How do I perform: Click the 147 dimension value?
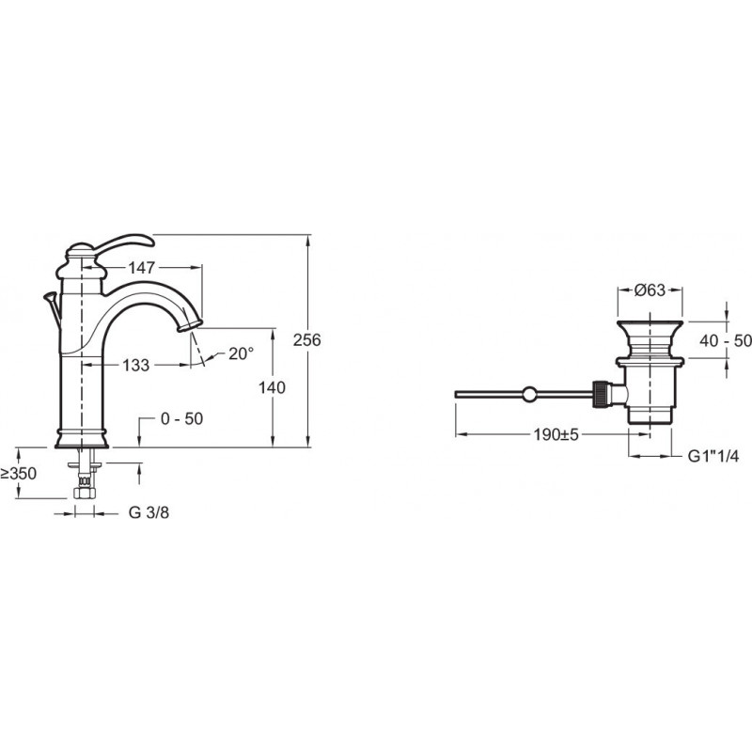tap(142, 268)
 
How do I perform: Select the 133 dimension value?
tap(136, 365)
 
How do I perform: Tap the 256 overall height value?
tap(307, 340)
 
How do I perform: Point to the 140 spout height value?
tap(272, 387)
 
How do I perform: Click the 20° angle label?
tap(241, 354)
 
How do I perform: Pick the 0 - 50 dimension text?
tap(181, 418)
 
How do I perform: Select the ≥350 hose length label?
tap(18, 474)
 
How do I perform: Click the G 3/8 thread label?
tap(149, 512)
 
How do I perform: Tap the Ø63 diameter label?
tap(650, 290)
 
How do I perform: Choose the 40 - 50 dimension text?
tap(725, 341)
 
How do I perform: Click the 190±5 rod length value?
tap(556, 435)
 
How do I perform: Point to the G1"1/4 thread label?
tap(713, 457)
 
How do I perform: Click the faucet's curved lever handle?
tap(126, 243)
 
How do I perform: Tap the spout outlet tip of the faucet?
tap(189, 327)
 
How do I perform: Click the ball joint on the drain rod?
tap(530, 394)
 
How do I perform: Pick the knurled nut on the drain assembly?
tap(601, 394)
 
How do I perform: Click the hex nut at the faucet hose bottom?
tap(85, 493)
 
